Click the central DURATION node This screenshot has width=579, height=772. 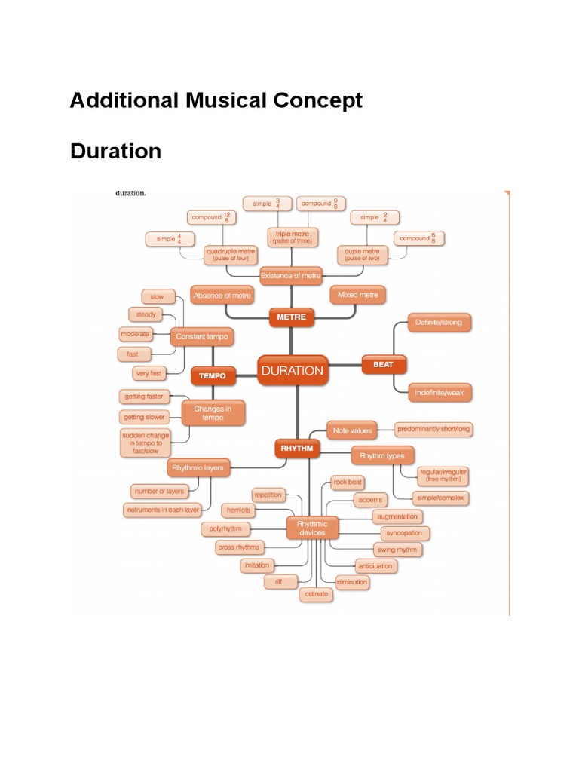[292, 370]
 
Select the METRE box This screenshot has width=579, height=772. [291, 317]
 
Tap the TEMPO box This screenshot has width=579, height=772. [213, 375]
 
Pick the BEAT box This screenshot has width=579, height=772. [383, 364]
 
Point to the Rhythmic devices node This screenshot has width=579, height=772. [311, 528]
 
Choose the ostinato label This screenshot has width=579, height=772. [316, 594]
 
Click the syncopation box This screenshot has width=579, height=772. [403, 533]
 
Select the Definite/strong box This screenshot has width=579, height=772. [440, 323]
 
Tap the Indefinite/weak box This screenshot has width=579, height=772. [440, 392]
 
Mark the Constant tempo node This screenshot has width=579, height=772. [201, 335]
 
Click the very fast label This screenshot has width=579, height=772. [149, 373]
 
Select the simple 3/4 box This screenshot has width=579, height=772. [265, 203]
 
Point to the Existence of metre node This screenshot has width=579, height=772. [291, 276]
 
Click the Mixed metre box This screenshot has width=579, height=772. [358, 295]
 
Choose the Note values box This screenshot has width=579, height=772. [352, 430]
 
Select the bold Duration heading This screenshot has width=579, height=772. [115, 151]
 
